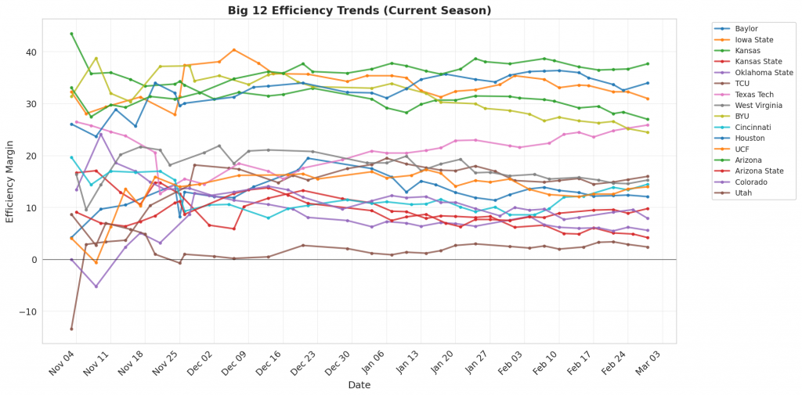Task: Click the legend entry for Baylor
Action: pyautogui.click(x=745, y=28)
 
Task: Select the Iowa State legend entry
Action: pyautogui.click(x=751, y=39)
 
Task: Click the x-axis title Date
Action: pyautogui.click(x=359, y=385)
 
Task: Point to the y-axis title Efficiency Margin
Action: pyautogui.click(x=10, y=181)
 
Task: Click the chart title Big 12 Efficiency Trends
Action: pyautogui.click(x=359, y=10)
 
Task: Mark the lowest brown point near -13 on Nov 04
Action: pyautogui.click(x=71, y=329)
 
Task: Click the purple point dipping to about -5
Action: pyautogui.click(x=96, y=286)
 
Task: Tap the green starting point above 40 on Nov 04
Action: pyautogui.click(x=71, y=34)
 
